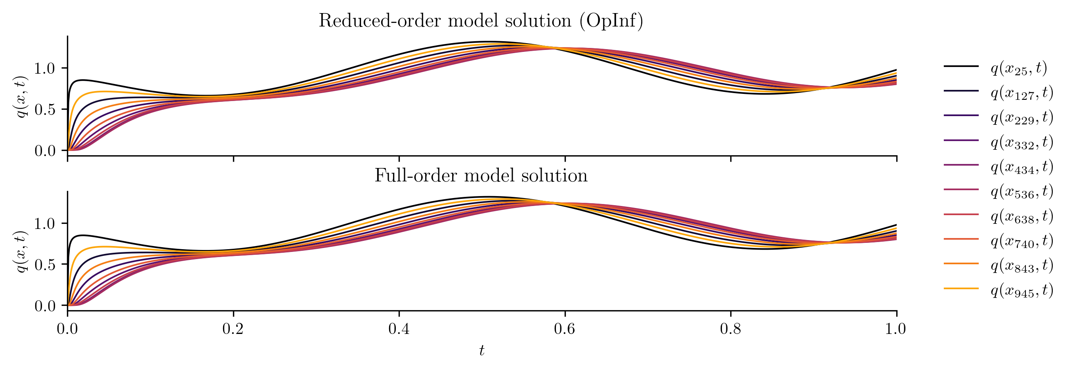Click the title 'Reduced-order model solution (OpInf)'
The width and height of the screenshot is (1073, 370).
click(481, 21)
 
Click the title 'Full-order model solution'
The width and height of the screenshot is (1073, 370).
click(481, 176)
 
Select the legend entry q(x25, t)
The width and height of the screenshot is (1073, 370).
click(1019, 68)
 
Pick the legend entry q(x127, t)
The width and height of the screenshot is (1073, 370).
click(1022, 93)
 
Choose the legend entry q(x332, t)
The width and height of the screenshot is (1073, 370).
click(1022, 142)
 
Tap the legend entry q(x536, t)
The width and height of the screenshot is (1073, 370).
click(1022, 191)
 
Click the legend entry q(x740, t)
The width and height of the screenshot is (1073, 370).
click(1022, 241)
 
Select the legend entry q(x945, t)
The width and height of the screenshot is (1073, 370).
click(1022, 290)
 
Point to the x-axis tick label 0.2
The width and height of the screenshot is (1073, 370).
click(233, 329)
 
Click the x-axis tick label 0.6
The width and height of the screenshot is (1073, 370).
click(565, 329)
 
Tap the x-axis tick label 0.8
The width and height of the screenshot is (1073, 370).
click(731, 329)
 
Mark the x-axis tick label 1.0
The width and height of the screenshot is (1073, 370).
click(896, 329)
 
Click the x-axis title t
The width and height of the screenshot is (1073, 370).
click(481, 351)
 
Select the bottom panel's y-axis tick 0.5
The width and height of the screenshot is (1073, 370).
click(44, 265)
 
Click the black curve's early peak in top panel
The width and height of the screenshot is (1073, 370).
click(83, 80)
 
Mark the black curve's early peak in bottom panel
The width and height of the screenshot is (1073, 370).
click(83, 235)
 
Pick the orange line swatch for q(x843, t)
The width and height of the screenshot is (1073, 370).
click(961, 264)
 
